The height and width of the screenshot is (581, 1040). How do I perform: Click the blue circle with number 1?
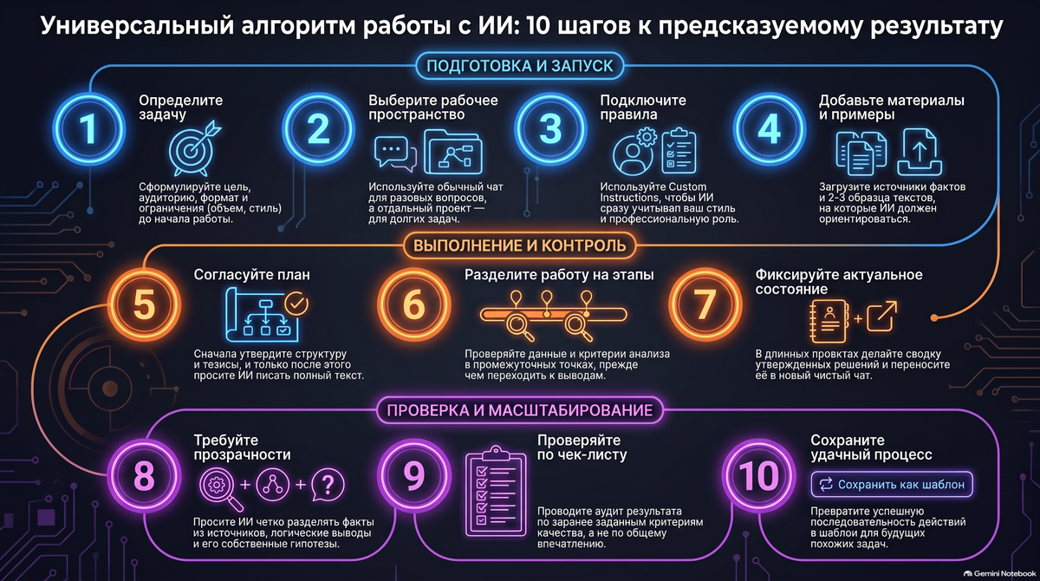click(88, 129)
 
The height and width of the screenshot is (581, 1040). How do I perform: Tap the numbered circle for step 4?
click(770, 129)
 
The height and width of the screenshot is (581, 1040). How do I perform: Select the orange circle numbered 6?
click(413, 304)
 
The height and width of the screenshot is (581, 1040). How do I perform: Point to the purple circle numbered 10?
click(758, 475)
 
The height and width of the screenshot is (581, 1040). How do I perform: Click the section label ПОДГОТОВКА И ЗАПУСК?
click(519, 66)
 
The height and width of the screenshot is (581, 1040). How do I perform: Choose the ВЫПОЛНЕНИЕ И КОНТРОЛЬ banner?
click(519, 245)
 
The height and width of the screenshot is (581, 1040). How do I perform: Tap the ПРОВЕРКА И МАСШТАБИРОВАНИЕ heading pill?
click(519, 410)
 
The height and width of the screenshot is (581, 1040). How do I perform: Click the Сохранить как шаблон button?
click(892, 485)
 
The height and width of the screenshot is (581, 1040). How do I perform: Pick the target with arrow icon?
click(194, 148)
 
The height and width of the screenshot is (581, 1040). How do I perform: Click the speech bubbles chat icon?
click(395, 153)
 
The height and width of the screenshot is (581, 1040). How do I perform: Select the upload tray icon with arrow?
click(920, 152)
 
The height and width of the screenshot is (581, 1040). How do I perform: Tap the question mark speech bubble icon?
click(328, 486)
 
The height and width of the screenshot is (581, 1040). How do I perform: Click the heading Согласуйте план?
click(251, 275)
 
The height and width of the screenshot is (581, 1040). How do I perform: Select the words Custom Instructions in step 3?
click(653, 193)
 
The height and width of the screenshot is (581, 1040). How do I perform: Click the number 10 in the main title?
click(538, 27)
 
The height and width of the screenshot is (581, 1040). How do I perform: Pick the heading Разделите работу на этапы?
click(559, 275)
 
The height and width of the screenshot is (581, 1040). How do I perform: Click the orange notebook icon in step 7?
click(829, 321)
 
